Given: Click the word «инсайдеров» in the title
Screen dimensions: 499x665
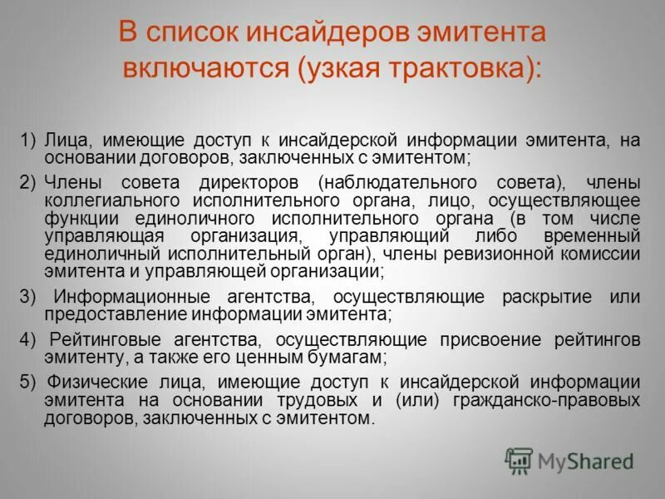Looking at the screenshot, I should click(x=328, y=33).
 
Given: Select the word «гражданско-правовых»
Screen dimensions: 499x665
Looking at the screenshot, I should click(x=525, y=401).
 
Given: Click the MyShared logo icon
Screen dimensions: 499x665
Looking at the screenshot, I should click(x=519, y=460).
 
